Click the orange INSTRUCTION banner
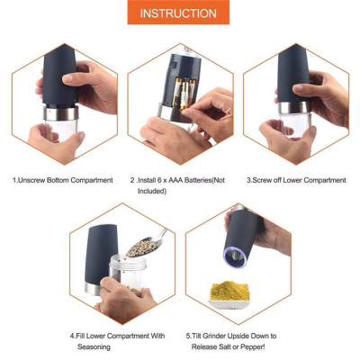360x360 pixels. tap(178, 13)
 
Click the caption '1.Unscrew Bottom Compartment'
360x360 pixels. tap(62, 180)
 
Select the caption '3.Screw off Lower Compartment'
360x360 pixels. tap(296, 180)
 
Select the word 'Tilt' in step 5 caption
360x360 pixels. tap(199, 336)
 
